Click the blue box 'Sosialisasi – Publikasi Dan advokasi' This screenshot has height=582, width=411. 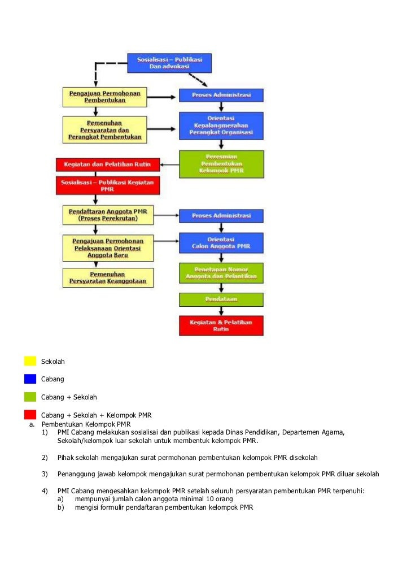tap(169, 63)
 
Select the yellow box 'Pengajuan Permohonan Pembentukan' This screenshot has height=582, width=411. tap(104, 96)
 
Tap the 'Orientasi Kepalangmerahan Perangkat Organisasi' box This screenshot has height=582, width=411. tap(221, 125)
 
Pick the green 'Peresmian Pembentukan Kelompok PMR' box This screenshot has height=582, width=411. tap(221, 164)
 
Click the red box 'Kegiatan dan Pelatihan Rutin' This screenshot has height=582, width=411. tap(107, 164)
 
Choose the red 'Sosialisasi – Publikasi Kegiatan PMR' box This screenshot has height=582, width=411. tap(107, 185)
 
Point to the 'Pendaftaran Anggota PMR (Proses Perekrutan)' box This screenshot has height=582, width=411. tap(108, 215)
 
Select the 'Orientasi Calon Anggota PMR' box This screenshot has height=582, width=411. tap(221, 242)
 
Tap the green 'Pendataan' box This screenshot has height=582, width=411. tap(221, 299)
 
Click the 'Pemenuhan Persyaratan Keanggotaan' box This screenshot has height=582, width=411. tap(108, 277)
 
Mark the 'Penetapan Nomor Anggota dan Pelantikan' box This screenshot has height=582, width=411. tap(221, 272)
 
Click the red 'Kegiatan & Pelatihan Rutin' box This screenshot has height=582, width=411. tap(221, 325)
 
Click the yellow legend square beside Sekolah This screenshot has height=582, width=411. tap(30, 361)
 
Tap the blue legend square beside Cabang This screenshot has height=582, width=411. tap(30, 379)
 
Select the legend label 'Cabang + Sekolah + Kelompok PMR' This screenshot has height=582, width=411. tap(96, 415)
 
